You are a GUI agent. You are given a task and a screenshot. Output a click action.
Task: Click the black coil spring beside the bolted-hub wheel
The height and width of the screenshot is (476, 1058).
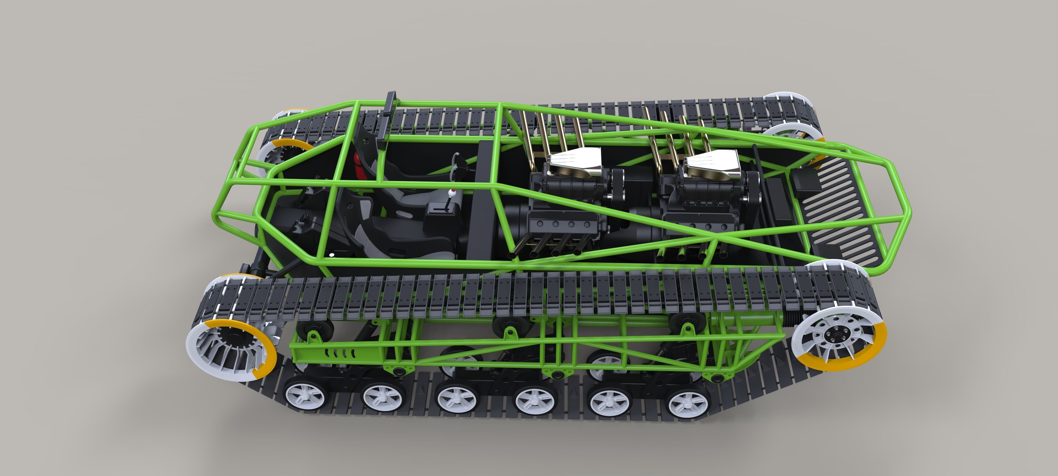coord(772,317)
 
